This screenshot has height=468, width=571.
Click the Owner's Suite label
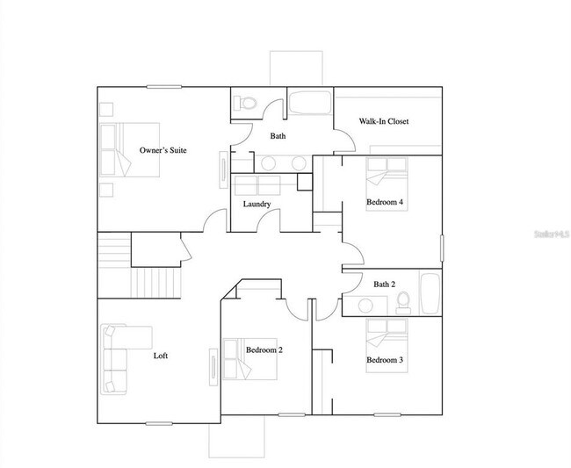point(163,150)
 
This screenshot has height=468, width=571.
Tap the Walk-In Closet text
point(384,121)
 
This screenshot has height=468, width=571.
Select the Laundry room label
point(257,205)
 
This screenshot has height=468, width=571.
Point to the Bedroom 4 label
point(385,202)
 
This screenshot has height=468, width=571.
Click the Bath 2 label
point(385,284)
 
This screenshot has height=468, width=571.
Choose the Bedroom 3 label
point(385,360)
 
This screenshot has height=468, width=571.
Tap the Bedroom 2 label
point(264,349)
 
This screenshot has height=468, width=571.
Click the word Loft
point(161,356)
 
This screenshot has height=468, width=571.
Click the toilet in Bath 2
point(403,300)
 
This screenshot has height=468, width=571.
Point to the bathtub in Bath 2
point(430,292)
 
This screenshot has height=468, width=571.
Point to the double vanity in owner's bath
point(281,162)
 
